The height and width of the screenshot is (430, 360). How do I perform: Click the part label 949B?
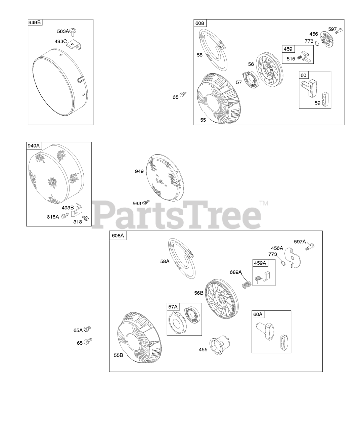(x=35, y=23)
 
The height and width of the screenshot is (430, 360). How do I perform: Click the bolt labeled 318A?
(x=65, y=215)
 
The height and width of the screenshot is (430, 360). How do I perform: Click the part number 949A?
(x=34, y=146)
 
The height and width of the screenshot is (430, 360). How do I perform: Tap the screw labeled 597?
(x=339, y=31)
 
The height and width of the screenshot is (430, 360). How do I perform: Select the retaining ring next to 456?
(x=317, y=43)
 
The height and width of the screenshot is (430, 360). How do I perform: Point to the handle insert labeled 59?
(x=325, y=100)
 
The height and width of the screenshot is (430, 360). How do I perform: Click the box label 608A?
(x=118, y=235)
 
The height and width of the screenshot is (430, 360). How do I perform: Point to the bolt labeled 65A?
(x=87, y=329)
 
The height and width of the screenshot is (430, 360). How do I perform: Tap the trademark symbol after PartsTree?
(x=264, y=203)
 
